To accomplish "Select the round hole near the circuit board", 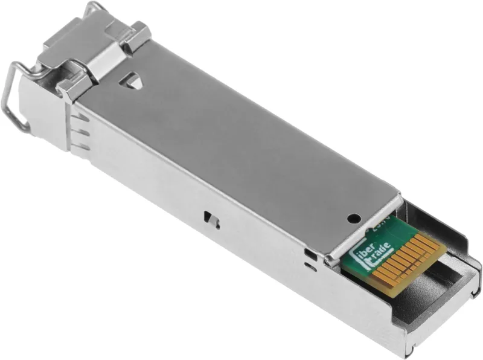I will point(354,217).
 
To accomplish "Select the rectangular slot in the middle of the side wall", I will point(209,217).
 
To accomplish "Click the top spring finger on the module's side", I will point(82,118).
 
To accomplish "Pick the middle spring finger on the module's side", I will point(82,133).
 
